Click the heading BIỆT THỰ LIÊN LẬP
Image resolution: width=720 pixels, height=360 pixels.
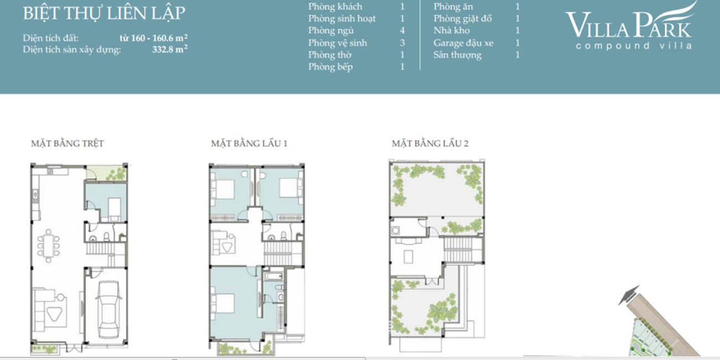pyautogui.click(x=104, y=13)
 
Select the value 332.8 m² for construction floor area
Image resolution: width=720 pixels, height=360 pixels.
pyautogui.click(x=169, y=49)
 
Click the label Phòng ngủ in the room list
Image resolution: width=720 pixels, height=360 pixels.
pyautogui.click(x=331, y=30)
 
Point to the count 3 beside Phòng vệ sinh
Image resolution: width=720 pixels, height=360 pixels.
pyautogui.click(x=403, y=43)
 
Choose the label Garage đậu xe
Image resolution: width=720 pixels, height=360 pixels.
pyautogui.click(x=463, y=43)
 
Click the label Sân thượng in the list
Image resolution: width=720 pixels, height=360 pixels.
pyautogui.click(x=457, y=55)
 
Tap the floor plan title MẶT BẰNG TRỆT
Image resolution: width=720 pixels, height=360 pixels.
pyautogui.click(x=67, y=143)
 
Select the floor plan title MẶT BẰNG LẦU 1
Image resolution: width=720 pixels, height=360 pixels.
pyautogui.click(x=249, y=143)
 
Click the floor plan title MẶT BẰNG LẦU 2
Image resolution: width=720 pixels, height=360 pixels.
pyautogui.click(x=430, y=143)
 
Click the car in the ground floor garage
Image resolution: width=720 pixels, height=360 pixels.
pyautogui.click(x=109, y=309)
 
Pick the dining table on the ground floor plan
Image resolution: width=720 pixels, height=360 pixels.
pyautogui.click(x=48, y=245)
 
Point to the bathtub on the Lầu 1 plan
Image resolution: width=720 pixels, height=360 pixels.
pyautogui.click(x=273, y=276)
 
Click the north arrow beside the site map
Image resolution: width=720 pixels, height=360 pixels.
pyautogui.click(x=629, y=295)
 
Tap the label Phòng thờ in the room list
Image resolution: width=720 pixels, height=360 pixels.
pyautogui.click(x=330, y=55)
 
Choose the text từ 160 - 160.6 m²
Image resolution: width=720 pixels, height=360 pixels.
pyautogui.click(x=153, y=38)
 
